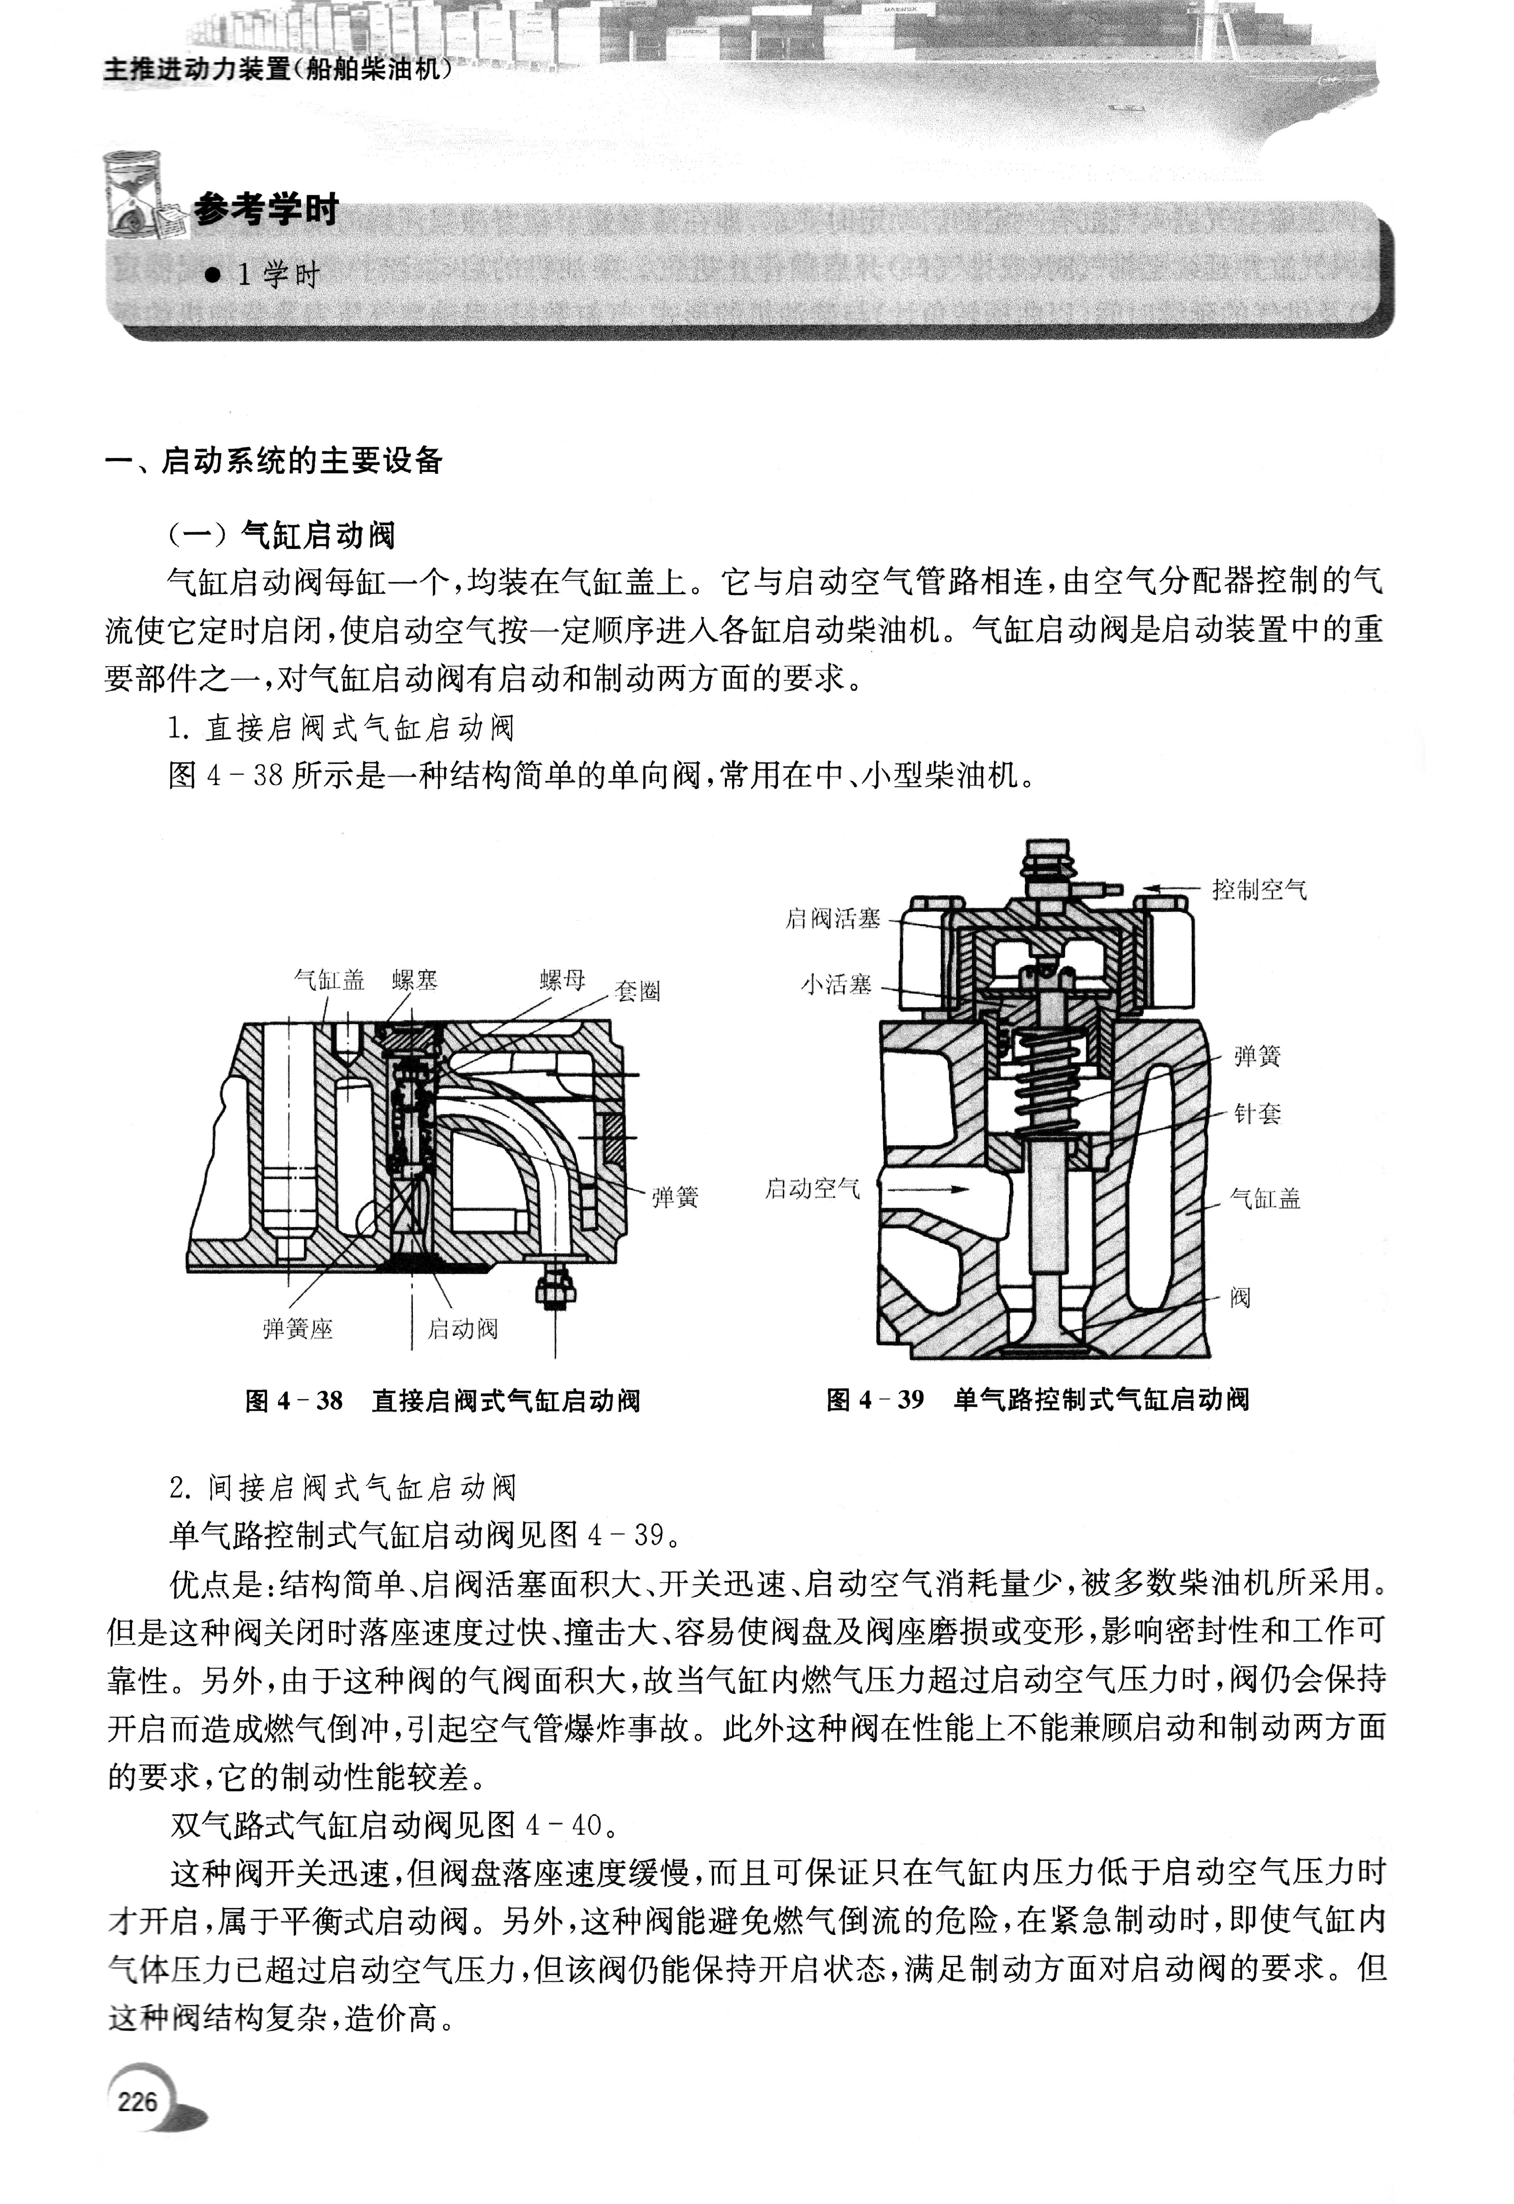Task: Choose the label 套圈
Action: click(x=638, y=992)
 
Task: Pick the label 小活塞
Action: click(x=836, y=985)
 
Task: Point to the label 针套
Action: click(x=1257, y=1114)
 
